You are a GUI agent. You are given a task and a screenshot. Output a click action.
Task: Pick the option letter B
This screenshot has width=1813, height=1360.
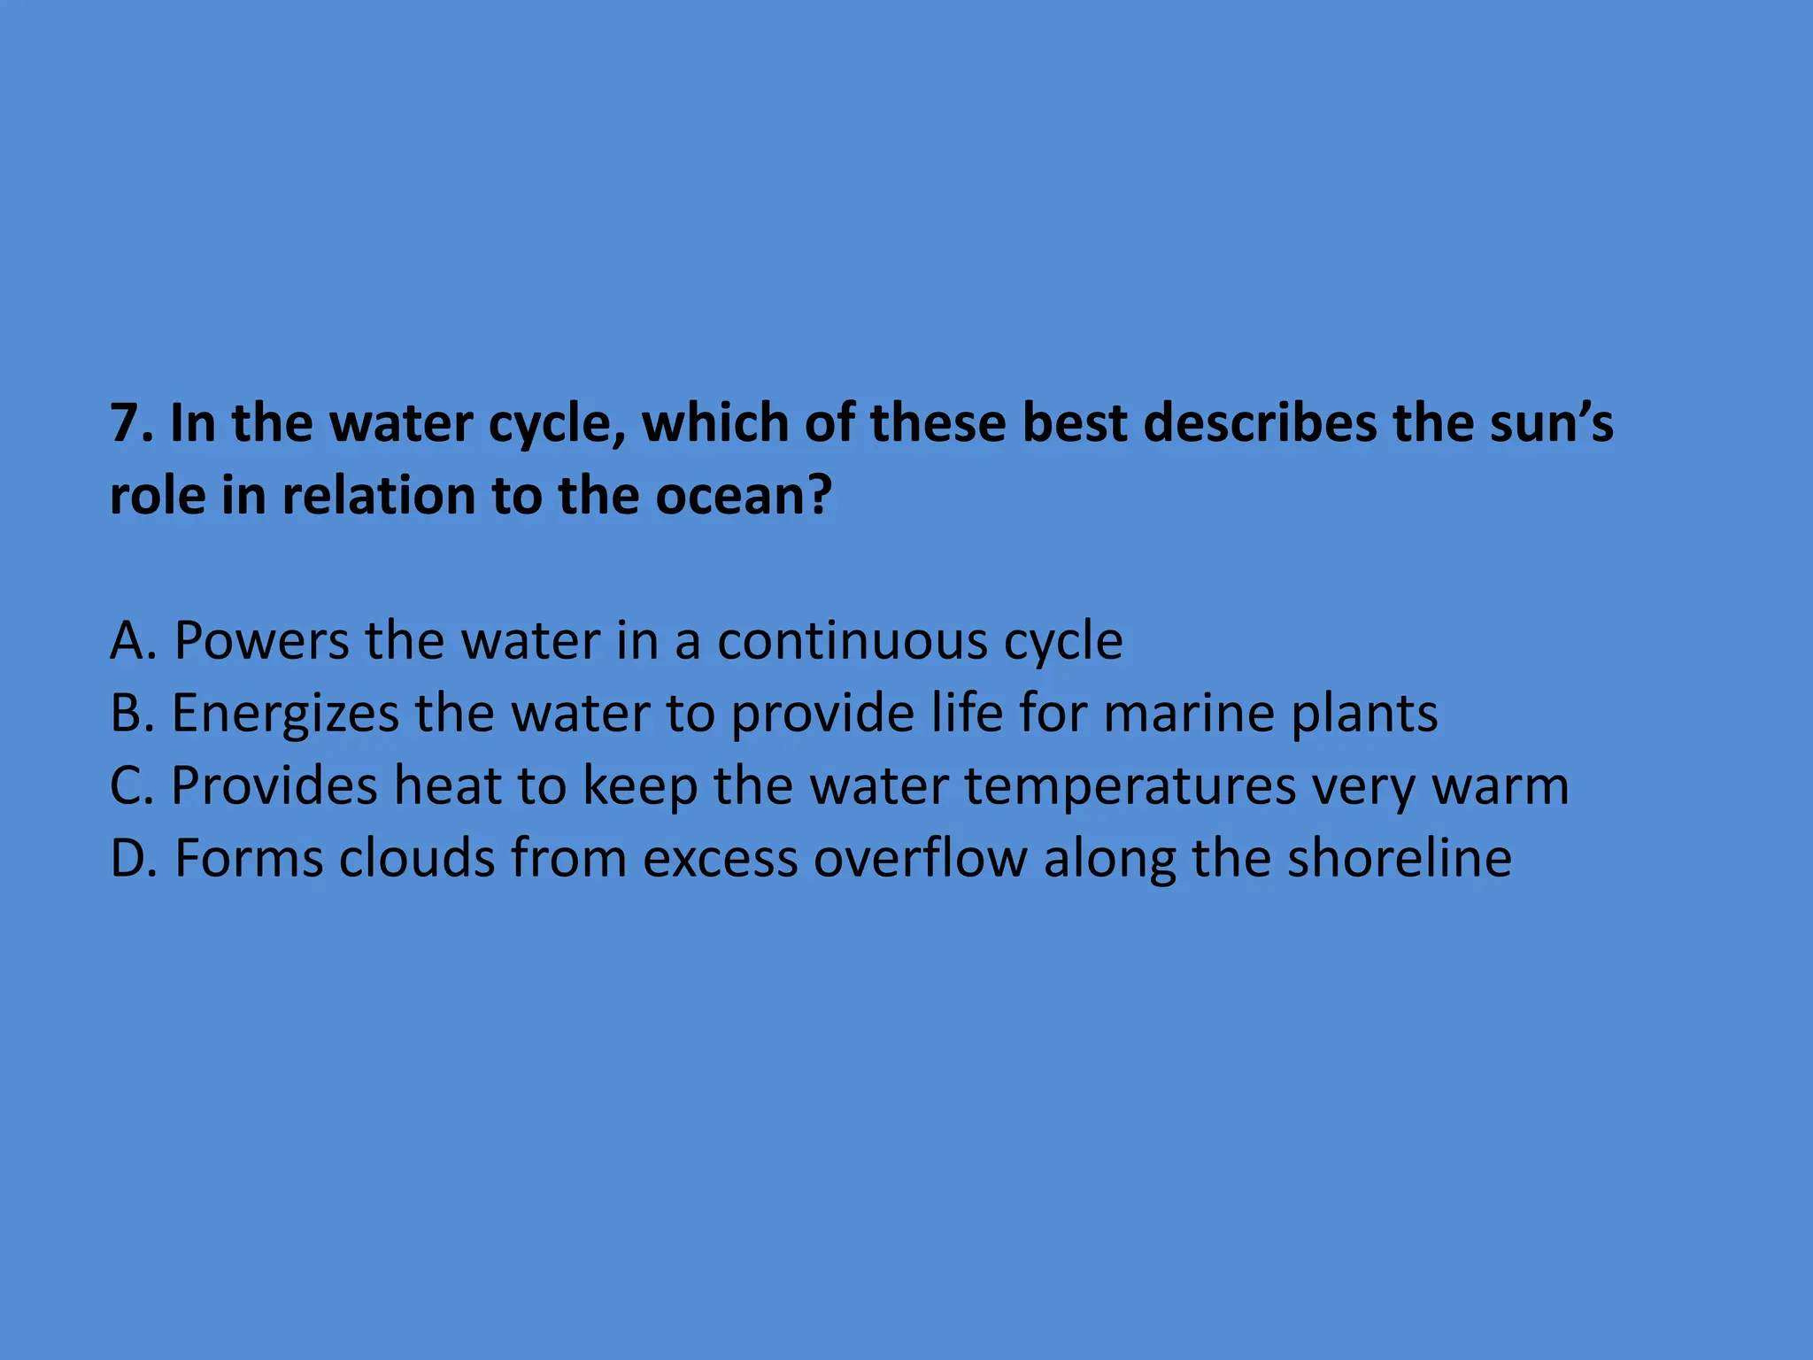tap(129, 713)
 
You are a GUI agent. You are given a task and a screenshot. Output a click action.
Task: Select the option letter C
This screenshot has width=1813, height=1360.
tap(129, 785)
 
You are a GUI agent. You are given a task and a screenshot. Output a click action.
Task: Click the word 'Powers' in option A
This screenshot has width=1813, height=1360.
tap(261, 640)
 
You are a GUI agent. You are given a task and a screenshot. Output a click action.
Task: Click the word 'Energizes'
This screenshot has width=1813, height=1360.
tap(285, 713)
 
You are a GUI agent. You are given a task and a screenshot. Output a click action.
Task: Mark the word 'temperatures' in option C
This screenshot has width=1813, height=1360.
tap(1130, 787)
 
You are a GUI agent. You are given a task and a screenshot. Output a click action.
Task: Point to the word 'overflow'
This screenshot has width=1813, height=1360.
tap(921, 858)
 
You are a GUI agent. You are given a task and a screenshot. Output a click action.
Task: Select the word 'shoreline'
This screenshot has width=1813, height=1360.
tap(1400, 858)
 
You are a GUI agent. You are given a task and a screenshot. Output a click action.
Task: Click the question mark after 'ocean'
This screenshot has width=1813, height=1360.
tap(819, 496)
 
